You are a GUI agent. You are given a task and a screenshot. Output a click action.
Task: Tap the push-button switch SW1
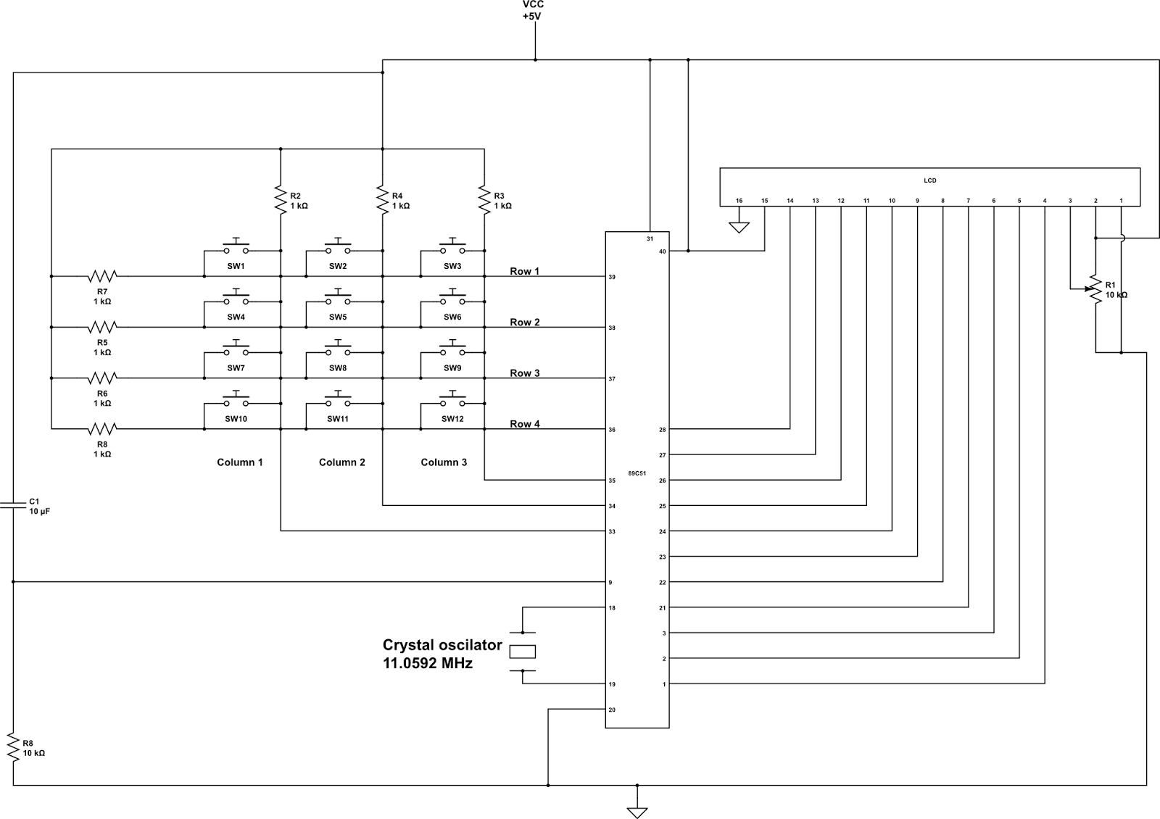(x=236, y=249)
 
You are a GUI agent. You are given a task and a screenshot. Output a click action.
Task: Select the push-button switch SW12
(x=452, y=402)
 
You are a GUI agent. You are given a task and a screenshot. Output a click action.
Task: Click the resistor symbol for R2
(x=280, y=200)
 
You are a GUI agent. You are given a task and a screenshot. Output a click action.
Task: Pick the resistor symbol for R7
(x=102, y=276)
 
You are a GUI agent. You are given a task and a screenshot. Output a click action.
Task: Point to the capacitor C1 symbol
(x=13, y=504)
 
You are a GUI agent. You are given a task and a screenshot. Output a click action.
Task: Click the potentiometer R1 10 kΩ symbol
(x=1095, y=289)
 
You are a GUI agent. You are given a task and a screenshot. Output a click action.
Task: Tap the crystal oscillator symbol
(x=523, y=652)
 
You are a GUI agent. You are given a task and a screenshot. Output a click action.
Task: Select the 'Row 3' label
(x=524, y=373)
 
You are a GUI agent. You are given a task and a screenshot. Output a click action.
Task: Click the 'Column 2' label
(x=341, y=462)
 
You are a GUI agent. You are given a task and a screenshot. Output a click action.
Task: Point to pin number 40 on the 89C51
(x=661, y=251)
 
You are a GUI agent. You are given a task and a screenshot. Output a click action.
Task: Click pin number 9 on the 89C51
(x=610, y=582)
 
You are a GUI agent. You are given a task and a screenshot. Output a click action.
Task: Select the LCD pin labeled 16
(x=739, y=201)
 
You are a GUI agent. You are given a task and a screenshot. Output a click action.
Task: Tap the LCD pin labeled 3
(x=1070, y=201)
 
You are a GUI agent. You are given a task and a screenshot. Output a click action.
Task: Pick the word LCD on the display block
(x=929, y=180)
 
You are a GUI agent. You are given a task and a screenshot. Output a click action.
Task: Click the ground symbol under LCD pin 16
(x=739, y=227)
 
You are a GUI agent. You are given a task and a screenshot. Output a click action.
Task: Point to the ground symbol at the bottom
(x=637, y=812)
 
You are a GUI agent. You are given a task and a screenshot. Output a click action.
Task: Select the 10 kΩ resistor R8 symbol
(x=13, y=747)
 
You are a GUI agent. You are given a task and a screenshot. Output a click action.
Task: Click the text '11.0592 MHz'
(x=428, y=662)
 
